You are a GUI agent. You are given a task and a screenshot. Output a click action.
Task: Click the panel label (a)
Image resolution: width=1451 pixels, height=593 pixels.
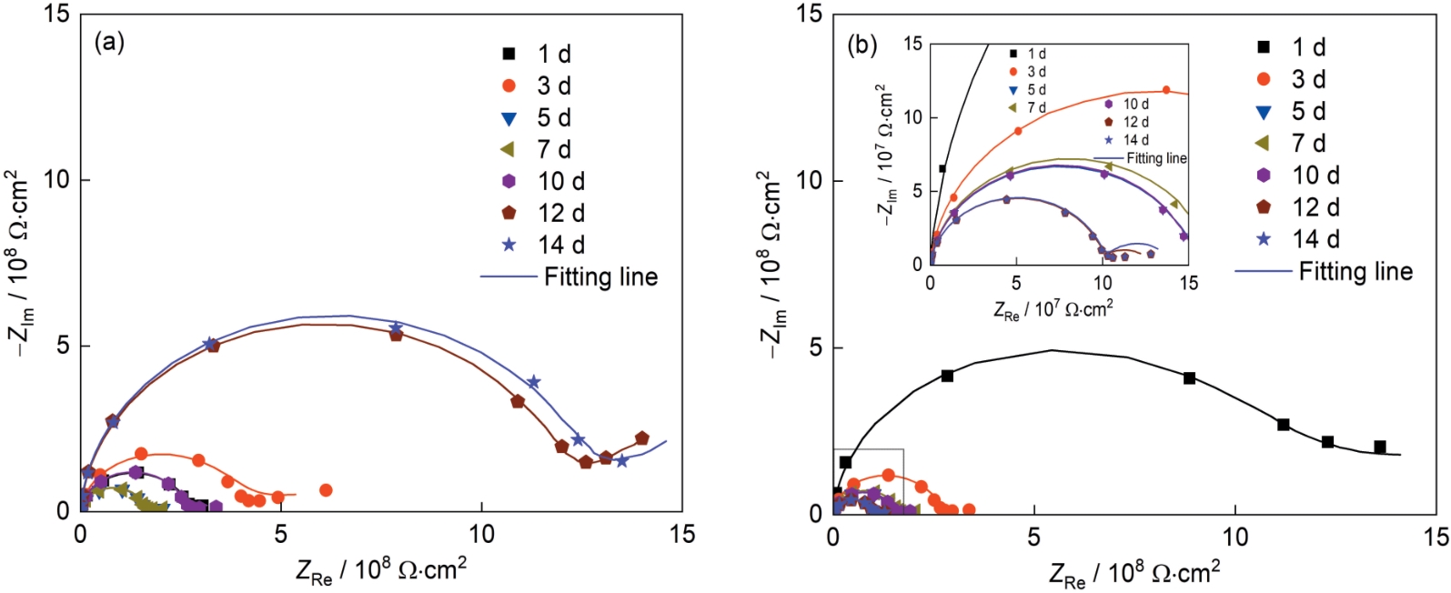tap(109, 43)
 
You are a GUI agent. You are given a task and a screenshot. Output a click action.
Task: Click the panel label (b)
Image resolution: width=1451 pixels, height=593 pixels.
tap(862, 44)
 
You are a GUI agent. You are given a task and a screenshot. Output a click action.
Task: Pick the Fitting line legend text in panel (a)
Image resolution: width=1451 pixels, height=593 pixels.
tap(600, 276)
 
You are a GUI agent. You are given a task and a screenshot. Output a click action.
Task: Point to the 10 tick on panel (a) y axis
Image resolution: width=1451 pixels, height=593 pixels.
tap(55, 180)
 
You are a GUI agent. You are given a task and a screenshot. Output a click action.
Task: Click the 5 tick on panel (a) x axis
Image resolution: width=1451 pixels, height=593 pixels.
tap(281, 535)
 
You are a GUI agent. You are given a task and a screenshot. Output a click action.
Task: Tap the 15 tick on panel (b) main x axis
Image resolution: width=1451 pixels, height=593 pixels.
tap(1435, 538)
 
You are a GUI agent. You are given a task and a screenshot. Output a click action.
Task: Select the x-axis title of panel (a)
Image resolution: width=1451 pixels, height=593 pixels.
tap(381, 570)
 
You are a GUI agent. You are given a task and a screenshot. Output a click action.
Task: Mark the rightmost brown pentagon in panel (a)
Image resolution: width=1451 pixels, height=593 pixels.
tap(641, 438)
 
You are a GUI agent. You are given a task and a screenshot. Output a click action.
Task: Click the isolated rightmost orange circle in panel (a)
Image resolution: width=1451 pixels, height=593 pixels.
tap(326, 490)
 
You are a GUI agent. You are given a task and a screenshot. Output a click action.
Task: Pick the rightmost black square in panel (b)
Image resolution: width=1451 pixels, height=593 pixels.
tap(1380, 447)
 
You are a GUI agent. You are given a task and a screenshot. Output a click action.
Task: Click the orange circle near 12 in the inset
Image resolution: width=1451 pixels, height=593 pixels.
tap(1166, 90)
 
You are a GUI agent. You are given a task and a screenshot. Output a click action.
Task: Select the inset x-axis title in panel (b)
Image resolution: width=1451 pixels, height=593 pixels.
tap(1053, 310)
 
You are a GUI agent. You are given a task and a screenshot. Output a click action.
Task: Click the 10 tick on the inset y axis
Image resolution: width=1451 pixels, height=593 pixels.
tap(913, 117)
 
